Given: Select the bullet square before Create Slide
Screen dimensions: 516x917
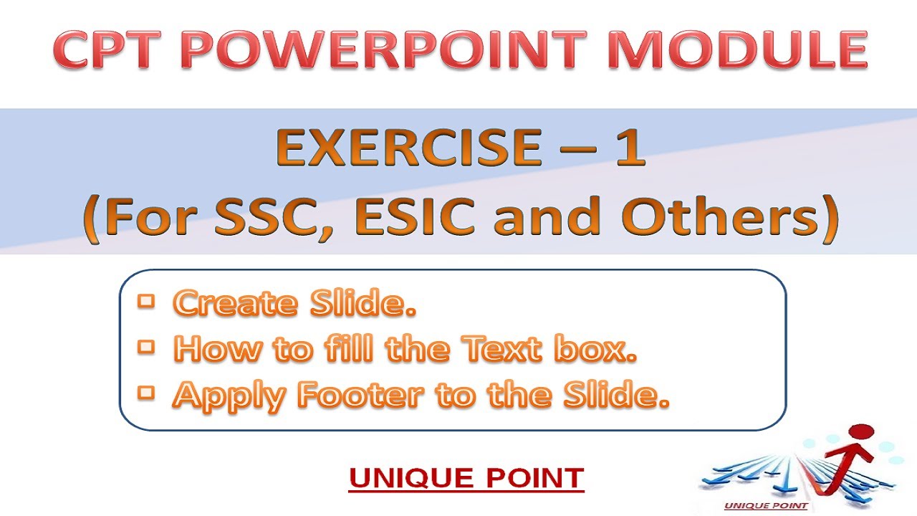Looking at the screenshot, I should coord(147,302).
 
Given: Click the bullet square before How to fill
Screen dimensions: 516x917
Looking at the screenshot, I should coord(147,348).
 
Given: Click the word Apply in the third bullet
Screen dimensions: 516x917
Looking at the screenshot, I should coord(220,396).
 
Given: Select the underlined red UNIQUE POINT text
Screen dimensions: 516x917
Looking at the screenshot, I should coord(466,478).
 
